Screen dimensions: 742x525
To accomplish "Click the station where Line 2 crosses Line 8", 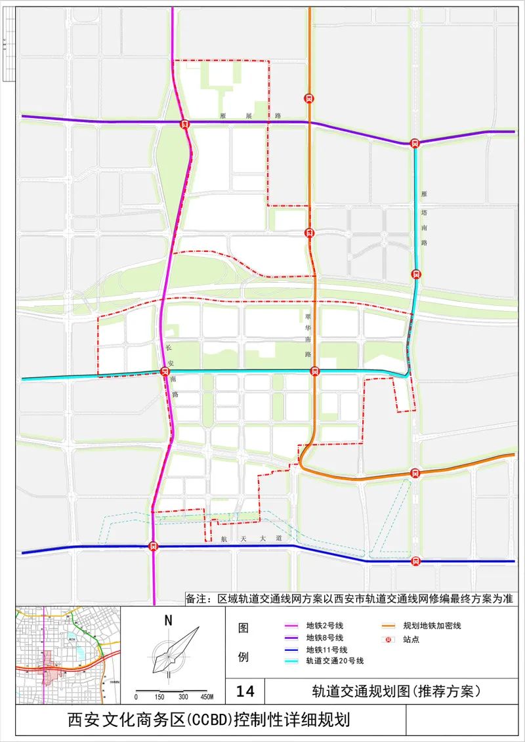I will tap(185, 123).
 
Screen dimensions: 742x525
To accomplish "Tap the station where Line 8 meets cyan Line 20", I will tap(415, 144).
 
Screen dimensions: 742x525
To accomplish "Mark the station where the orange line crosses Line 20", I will tap(315, 371).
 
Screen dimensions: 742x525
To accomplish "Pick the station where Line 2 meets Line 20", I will tap(165, 371).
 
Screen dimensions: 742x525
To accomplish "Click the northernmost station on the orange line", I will tap(308, 98).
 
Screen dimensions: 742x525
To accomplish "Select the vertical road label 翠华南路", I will tap(307, 335).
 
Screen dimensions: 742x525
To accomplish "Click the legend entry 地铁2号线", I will tap(325, 626).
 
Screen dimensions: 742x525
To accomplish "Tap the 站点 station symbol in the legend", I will tap(388, 638).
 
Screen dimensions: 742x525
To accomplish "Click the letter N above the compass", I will tap(169, 619).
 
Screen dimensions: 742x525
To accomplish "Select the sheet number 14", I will tap(245, 691).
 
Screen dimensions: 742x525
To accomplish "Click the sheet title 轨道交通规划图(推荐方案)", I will tap(397, 691).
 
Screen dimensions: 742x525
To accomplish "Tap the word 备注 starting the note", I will tap(196, 599).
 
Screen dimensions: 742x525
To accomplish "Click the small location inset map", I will tap(68, 655).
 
